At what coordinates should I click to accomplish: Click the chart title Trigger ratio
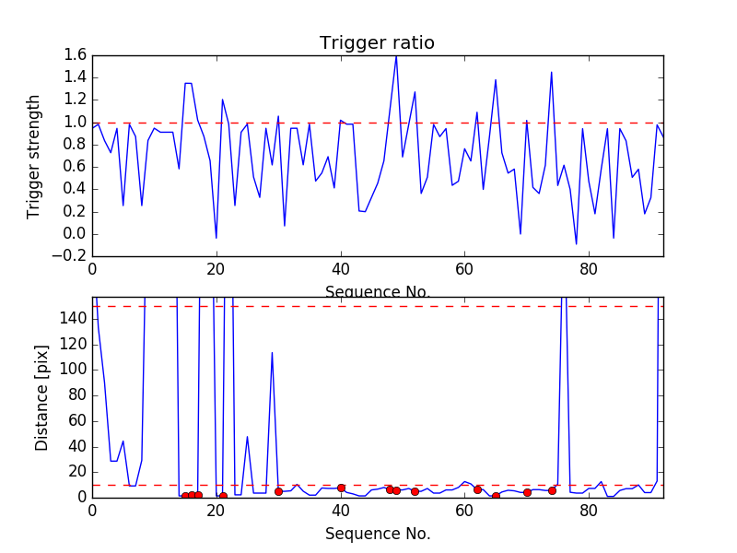(x=377, y=43)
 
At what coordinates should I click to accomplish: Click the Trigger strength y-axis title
(x=34, y=156)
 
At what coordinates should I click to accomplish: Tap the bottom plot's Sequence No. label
(x=377, y=534)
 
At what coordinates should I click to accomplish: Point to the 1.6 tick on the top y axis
(x=76, y=55)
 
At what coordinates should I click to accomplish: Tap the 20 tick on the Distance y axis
(x=77, y=472)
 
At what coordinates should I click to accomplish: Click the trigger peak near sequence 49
(x=396, y=56)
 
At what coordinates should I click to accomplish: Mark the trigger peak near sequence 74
(x=551, y=72)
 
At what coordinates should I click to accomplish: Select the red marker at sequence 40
(x=341, y=488)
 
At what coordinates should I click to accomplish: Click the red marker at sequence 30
(x=278, y=491)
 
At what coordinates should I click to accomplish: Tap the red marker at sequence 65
(x=496, y=496)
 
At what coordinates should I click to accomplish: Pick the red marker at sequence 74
(x=552, y=490)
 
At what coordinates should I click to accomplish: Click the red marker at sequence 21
(x=223, y=496)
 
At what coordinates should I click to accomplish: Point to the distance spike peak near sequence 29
(x=272, y=352)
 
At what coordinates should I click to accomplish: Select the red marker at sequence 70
(x=527, y=492)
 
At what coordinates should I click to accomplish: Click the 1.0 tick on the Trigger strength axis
(x=76, y=123)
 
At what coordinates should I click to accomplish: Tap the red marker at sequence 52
(x=415, y=491)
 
